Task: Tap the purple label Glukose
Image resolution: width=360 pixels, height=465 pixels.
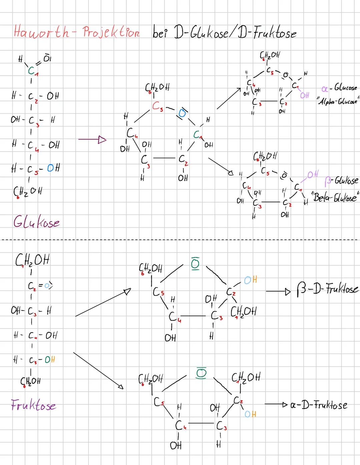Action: click(37, 222)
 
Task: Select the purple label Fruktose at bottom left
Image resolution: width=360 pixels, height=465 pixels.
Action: click(33, 405)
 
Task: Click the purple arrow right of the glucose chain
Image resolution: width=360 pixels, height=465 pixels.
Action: click(92, 140)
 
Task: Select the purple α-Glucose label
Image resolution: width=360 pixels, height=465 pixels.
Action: click(339, 89)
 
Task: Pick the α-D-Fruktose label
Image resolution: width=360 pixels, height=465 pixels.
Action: click(319, 405)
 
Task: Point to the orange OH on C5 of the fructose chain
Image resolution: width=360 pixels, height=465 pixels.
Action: click(50, 360)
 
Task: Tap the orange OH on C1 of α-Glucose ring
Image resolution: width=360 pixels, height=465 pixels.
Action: click(304, 96)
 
